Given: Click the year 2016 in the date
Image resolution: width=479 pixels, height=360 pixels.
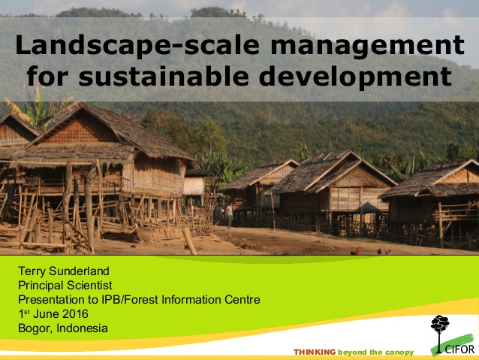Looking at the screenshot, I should click(74, 314).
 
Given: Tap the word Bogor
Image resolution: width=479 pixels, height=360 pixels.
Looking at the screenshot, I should click(33, 328).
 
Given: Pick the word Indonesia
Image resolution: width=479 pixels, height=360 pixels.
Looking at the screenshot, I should click(81, 328).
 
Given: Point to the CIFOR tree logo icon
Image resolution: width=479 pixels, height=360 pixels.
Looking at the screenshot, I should click(440, 331).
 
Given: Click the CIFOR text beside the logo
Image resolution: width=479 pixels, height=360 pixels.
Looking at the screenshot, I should click(459, 349).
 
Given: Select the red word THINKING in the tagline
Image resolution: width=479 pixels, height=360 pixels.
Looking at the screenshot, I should click(315, 352).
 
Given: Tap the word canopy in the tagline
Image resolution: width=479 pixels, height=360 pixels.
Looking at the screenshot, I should click(398, 352).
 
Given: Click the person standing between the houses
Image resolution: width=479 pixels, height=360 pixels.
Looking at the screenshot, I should click(230, 214).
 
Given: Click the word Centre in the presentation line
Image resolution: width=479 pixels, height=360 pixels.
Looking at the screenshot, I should click(241, 300).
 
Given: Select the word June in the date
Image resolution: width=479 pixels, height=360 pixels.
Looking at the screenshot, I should click(47, 314).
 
